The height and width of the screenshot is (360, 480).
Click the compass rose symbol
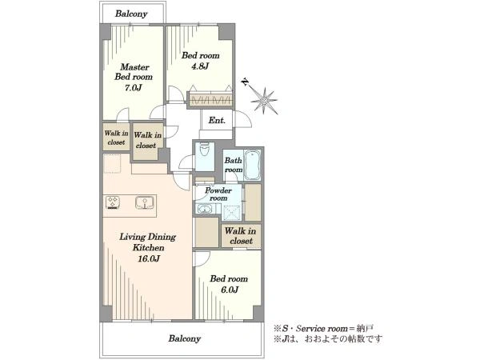coord(264,100)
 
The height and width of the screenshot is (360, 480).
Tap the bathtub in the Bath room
coord(253,166)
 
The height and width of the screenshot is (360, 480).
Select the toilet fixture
coord(203,152)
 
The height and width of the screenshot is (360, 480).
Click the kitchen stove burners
coord(113,202)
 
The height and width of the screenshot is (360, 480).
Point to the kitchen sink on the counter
coord(144,203)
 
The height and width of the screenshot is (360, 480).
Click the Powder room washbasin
coord(203,210)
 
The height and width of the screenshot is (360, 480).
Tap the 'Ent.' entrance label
coord(217,120)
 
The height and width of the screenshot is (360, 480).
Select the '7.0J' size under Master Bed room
coord(133,88)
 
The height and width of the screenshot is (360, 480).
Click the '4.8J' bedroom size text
coord(200,66)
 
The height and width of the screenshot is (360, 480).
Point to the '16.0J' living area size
coord(149,258)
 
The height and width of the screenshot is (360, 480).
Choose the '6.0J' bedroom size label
coord(230,290)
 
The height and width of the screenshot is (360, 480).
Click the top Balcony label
coord(131,14)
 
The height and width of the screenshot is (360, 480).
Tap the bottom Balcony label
coord(185,338)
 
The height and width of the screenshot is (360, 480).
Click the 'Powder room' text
coord(218,194)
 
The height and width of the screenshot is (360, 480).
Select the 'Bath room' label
coord(234,165)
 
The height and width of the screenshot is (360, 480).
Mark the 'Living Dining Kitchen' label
coord(148,242)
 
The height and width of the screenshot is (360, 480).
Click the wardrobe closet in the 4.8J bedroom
coord(210,99)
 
